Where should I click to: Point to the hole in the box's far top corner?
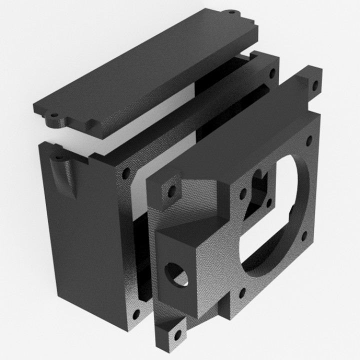tap(272, 73)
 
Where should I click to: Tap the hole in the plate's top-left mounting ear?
tap(171, 190)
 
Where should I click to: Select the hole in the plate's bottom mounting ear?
tap(176, 335)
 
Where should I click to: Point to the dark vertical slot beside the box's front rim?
tap(142, 250)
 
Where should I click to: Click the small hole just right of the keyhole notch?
tap(269, 202)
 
